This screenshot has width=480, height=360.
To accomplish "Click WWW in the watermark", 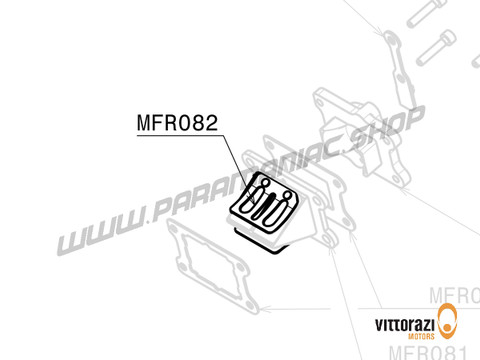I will coord(94,240).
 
